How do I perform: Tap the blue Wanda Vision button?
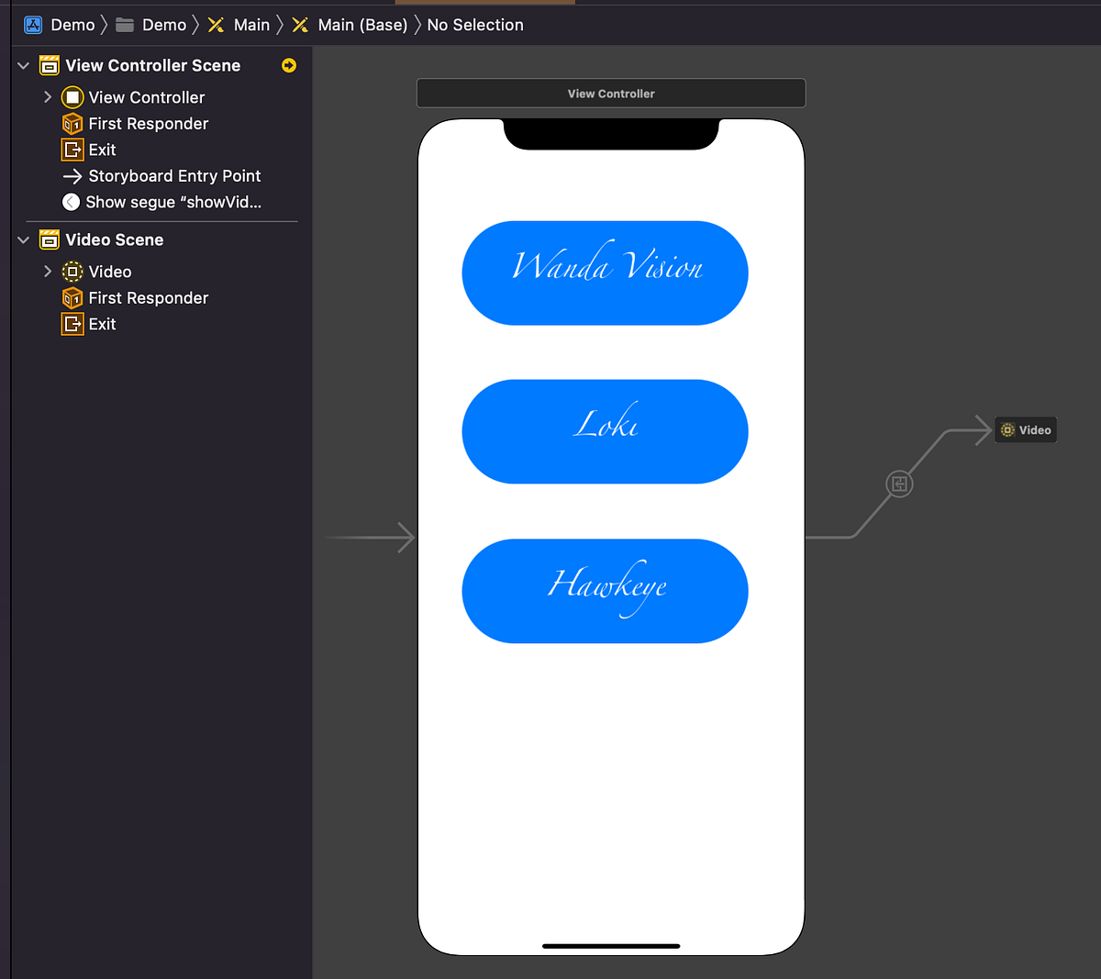coord(605,273)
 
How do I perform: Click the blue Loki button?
coord(605,431)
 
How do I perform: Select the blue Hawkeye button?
coord(605,591)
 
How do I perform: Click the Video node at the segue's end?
coord(1026,429)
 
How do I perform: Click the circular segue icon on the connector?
coord(899,484)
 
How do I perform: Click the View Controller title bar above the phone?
coord(611,94)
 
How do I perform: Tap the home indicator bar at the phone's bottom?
coord(611,946)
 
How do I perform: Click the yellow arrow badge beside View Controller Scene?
coord(289,65)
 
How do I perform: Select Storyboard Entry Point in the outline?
coord(174,176)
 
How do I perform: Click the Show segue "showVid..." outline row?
coord(172,202)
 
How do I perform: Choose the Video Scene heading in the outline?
coord(114,239)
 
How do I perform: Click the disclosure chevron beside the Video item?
coord(48,272)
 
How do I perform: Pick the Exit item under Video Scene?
coord(102,324)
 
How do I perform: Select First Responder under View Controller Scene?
coord(148,124)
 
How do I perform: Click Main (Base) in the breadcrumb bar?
coord(362,25)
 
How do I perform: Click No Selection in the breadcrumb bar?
coord(475,25)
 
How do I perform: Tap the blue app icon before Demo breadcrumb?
coord(33,25)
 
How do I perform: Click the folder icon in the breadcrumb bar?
coord(125,25)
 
